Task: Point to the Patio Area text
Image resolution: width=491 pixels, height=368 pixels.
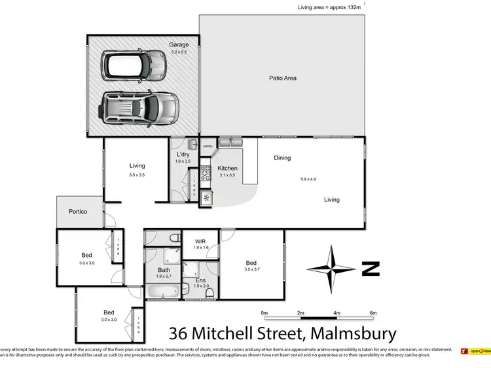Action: (283, 78)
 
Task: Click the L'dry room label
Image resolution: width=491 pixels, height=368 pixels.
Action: (183, 154)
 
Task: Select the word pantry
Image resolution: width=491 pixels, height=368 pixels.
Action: (209, 146)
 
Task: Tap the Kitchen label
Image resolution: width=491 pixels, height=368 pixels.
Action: (227, 168)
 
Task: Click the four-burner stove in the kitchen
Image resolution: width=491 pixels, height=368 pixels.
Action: (206, 173)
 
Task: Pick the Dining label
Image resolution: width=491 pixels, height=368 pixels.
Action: (282, 158)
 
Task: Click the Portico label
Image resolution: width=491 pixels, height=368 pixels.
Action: (79, 212)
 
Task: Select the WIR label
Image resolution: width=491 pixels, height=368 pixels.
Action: (200, 241)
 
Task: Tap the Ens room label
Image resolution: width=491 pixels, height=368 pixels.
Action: (200, 279)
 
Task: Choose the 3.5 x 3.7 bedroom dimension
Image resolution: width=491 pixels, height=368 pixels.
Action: (252, 269)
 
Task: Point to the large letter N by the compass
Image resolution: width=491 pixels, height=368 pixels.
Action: (371, 269)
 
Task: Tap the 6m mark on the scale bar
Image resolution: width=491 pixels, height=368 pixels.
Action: (373, 312)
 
